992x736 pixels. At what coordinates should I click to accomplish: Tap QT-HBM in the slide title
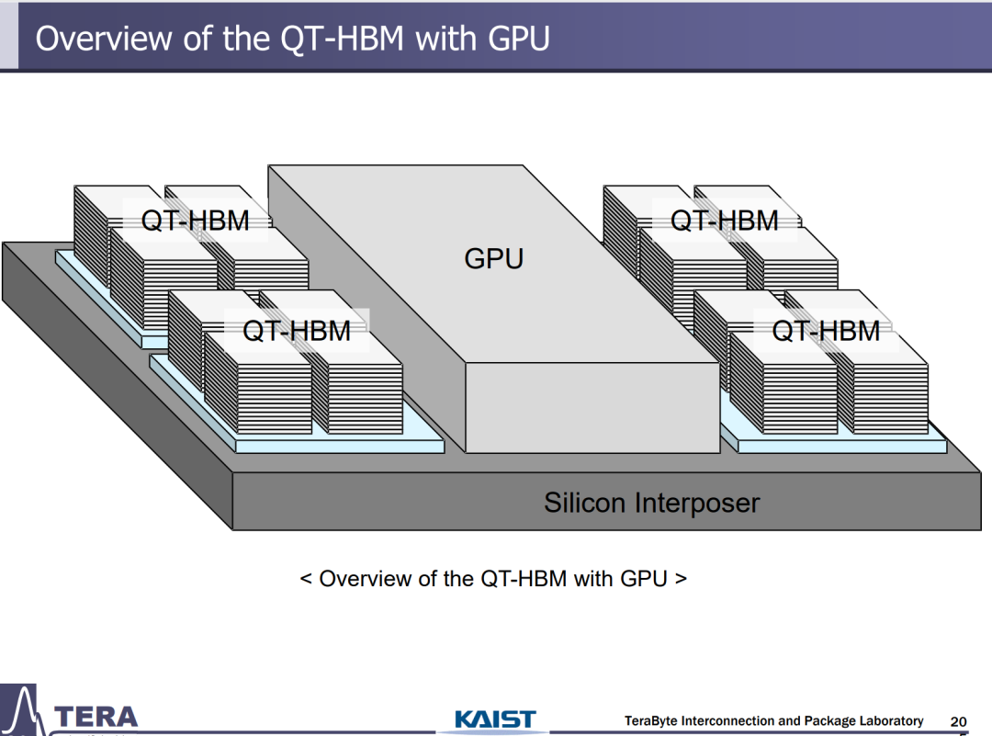click(x=343, y=39)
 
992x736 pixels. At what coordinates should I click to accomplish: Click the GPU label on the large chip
click(x=494, y=259)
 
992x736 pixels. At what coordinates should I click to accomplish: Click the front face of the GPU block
click(x=592, y=408)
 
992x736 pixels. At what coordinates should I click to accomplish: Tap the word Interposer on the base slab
click(x=697, y=504)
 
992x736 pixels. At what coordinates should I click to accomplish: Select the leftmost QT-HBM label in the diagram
click(x=195, y=221)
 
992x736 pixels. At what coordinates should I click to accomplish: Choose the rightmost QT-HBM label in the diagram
click(x=826, y=331)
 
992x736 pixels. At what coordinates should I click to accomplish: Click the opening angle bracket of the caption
click(x=306, y=579)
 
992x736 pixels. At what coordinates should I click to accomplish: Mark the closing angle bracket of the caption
click(x=681, y=579)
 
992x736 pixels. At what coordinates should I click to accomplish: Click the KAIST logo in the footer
click(x=495, y=719)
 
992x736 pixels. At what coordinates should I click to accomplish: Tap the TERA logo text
click(x=96, y=717)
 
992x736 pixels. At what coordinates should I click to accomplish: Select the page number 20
click(x=958, y=721)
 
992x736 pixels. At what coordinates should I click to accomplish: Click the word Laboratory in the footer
click(x=891, y=720)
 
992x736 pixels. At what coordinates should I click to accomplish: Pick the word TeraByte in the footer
click(x=651, y=720)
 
